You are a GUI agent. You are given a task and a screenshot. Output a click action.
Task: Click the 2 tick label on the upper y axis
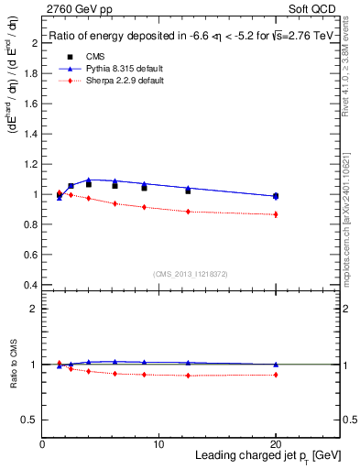(x=34, y=43)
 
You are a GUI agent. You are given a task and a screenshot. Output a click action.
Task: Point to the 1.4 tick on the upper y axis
(x=30, y=134)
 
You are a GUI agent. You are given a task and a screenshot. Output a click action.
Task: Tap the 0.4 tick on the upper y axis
(x=30, y=285)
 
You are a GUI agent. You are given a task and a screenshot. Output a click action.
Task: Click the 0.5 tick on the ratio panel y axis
(x=30, y=420)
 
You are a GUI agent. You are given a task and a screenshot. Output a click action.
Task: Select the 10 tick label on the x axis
(x=159, y=444)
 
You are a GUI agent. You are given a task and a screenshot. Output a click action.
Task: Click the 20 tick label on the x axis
(x=276, y=444)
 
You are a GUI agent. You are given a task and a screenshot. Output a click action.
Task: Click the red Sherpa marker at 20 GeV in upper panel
(x=276, y=214)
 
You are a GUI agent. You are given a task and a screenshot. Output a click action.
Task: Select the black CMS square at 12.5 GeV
(x=188, y=191)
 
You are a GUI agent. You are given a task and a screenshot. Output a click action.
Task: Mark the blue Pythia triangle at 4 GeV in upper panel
(x=89, y=180)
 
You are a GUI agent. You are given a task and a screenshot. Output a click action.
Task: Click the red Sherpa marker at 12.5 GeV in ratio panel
(x=188, y=376)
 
